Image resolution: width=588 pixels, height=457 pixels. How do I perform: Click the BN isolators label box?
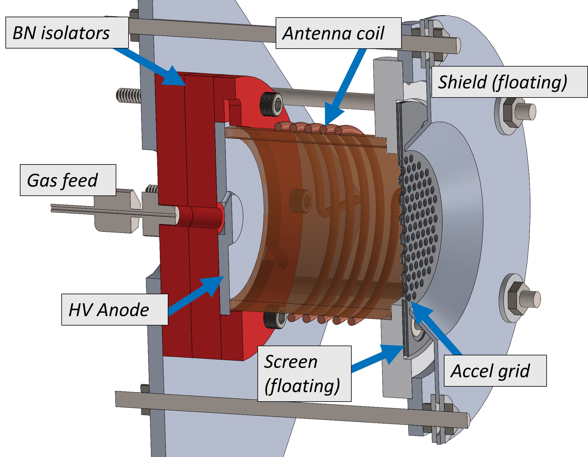(x=67, y=32)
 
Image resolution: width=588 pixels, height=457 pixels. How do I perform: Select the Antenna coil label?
(x=338, y=33)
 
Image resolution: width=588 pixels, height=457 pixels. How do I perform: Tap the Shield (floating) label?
(x=509, y=82)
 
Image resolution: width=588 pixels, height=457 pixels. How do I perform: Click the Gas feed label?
(x=68, y=180)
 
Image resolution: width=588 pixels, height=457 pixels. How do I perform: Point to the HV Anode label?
(x=115, y=309)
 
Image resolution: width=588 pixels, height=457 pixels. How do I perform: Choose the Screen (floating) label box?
(x=304, y=374)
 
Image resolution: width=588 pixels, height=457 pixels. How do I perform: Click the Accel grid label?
(x=495, y=371)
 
